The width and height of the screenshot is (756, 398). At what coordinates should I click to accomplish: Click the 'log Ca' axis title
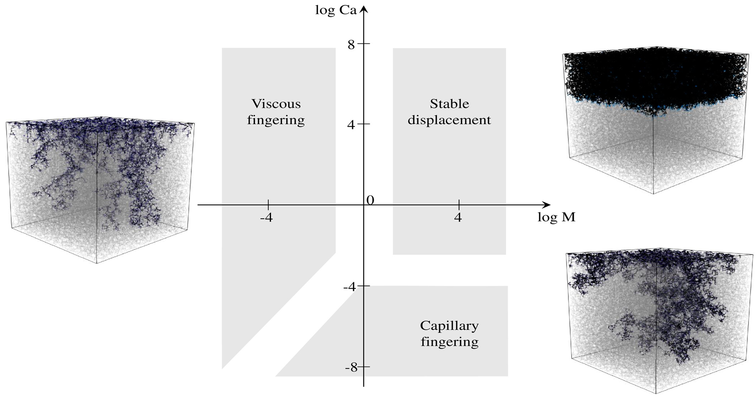[336, 10]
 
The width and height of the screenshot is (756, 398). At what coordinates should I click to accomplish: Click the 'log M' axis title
[556, 217]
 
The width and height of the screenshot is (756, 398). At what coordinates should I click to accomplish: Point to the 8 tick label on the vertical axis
[351, 45]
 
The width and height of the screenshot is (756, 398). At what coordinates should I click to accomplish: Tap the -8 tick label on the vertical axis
[351, 367]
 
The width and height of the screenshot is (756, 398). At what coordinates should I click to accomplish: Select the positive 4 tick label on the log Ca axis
[351, 125]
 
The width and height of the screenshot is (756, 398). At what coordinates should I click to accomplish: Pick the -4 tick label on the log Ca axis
[350, 286]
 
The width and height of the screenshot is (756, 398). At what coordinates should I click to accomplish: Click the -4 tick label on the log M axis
[266, 218]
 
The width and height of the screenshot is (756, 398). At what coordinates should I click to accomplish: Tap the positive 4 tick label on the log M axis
[458, 218]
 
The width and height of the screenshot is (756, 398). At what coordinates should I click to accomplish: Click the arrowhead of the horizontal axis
[546, 205]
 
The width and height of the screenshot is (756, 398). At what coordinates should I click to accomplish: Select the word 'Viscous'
[276, 104]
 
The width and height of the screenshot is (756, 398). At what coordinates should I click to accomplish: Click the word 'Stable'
[449, 104]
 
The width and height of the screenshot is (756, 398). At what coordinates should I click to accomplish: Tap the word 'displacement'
[449, 120]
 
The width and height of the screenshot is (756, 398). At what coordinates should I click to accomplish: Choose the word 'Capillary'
[449, 326]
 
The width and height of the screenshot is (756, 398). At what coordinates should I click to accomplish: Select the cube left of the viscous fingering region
[100, 189]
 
